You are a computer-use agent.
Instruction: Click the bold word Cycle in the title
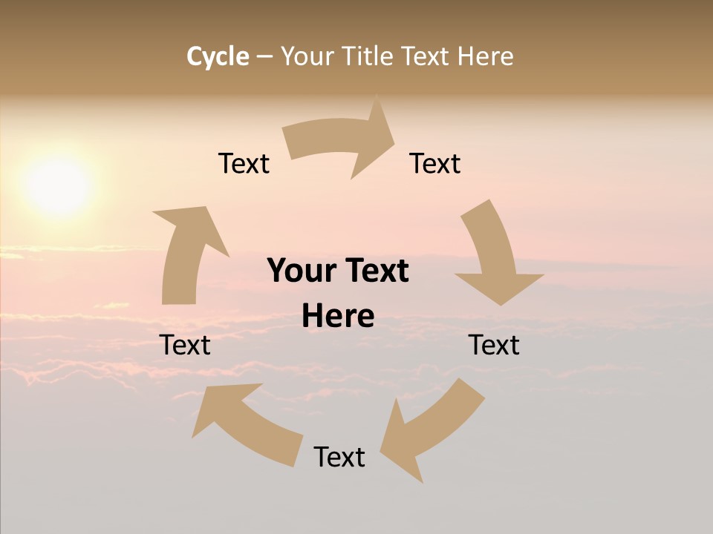218,56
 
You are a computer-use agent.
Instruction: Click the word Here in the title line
485,56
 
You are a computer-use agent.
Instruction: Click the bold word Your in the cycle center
300,271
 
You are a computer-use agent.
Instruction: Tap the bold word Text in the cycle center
374,271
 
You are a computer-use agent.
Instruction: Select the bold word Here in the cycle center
338,316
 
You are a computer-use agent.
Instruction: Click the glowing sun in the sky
58,185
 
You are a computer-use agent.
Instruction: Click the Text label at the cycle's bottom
339,457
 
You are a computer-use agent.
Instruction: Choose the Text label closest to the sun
244,163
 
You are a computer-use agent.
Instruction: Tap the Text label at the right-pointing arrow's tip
435,163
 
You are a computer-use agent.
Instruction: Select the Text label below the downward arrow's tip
494,345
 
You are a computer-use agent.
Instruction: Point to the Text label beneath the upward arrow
185,345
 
